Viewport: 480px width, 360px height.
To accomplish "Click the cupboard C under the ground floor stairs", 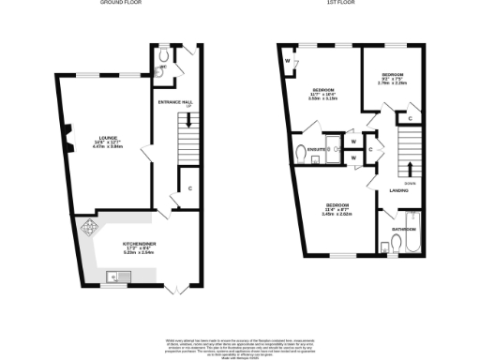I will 190,187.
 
